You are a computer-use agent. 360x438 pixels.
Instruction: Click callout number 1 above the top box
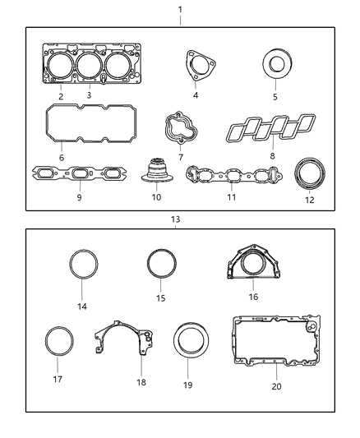point(181,10)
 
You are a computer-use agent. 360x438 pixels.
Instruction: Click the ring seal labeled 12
point(310,175)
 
